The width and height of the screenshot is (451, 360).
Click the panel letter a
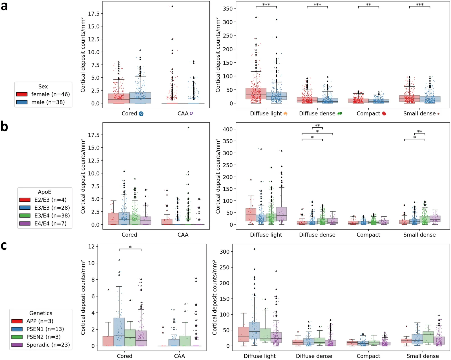[4, 6]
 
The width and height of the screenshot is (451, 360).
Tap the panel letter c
[4, 246]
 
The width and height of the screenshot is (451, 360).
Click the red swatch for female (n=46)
[22, 95]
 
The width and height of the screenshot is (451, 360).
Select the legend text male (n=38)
[48, 102]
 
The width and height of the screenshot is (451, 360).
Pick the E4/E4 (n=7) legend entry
[43, 224]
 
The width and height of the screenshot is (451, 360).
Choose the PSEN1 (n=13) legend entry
[38, 329]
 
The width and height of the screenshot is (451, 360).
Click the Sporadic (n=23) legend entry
[41, 345]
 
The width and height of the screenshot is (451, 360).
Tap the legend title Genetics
[41, 313]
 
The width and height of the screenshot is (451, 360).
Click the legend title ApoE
[45, 192]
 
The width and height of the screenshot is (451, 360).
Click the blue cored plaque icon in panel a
[141, 114]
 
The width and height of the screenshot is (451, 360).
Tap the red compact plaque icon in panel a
[384, 113]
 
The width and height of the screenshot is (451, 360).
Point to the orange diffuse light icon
[285, 114]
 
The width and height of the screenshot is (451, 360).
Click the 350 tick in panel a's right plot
[227, 8]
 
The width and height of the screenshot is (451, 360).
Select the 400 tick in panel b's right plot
[227, 129]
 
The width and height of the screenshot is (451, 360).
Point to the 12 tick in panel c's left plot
[91, 246]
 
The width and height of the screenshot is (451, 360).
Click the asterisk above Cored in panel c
[130, 247]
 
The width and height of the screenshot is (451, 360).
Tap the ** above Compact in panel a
[368, 5]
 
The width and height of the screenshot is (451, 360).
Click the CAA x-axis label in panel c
[179, 356]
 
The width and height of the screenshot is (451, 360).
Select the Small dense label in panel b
[419, 235]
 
